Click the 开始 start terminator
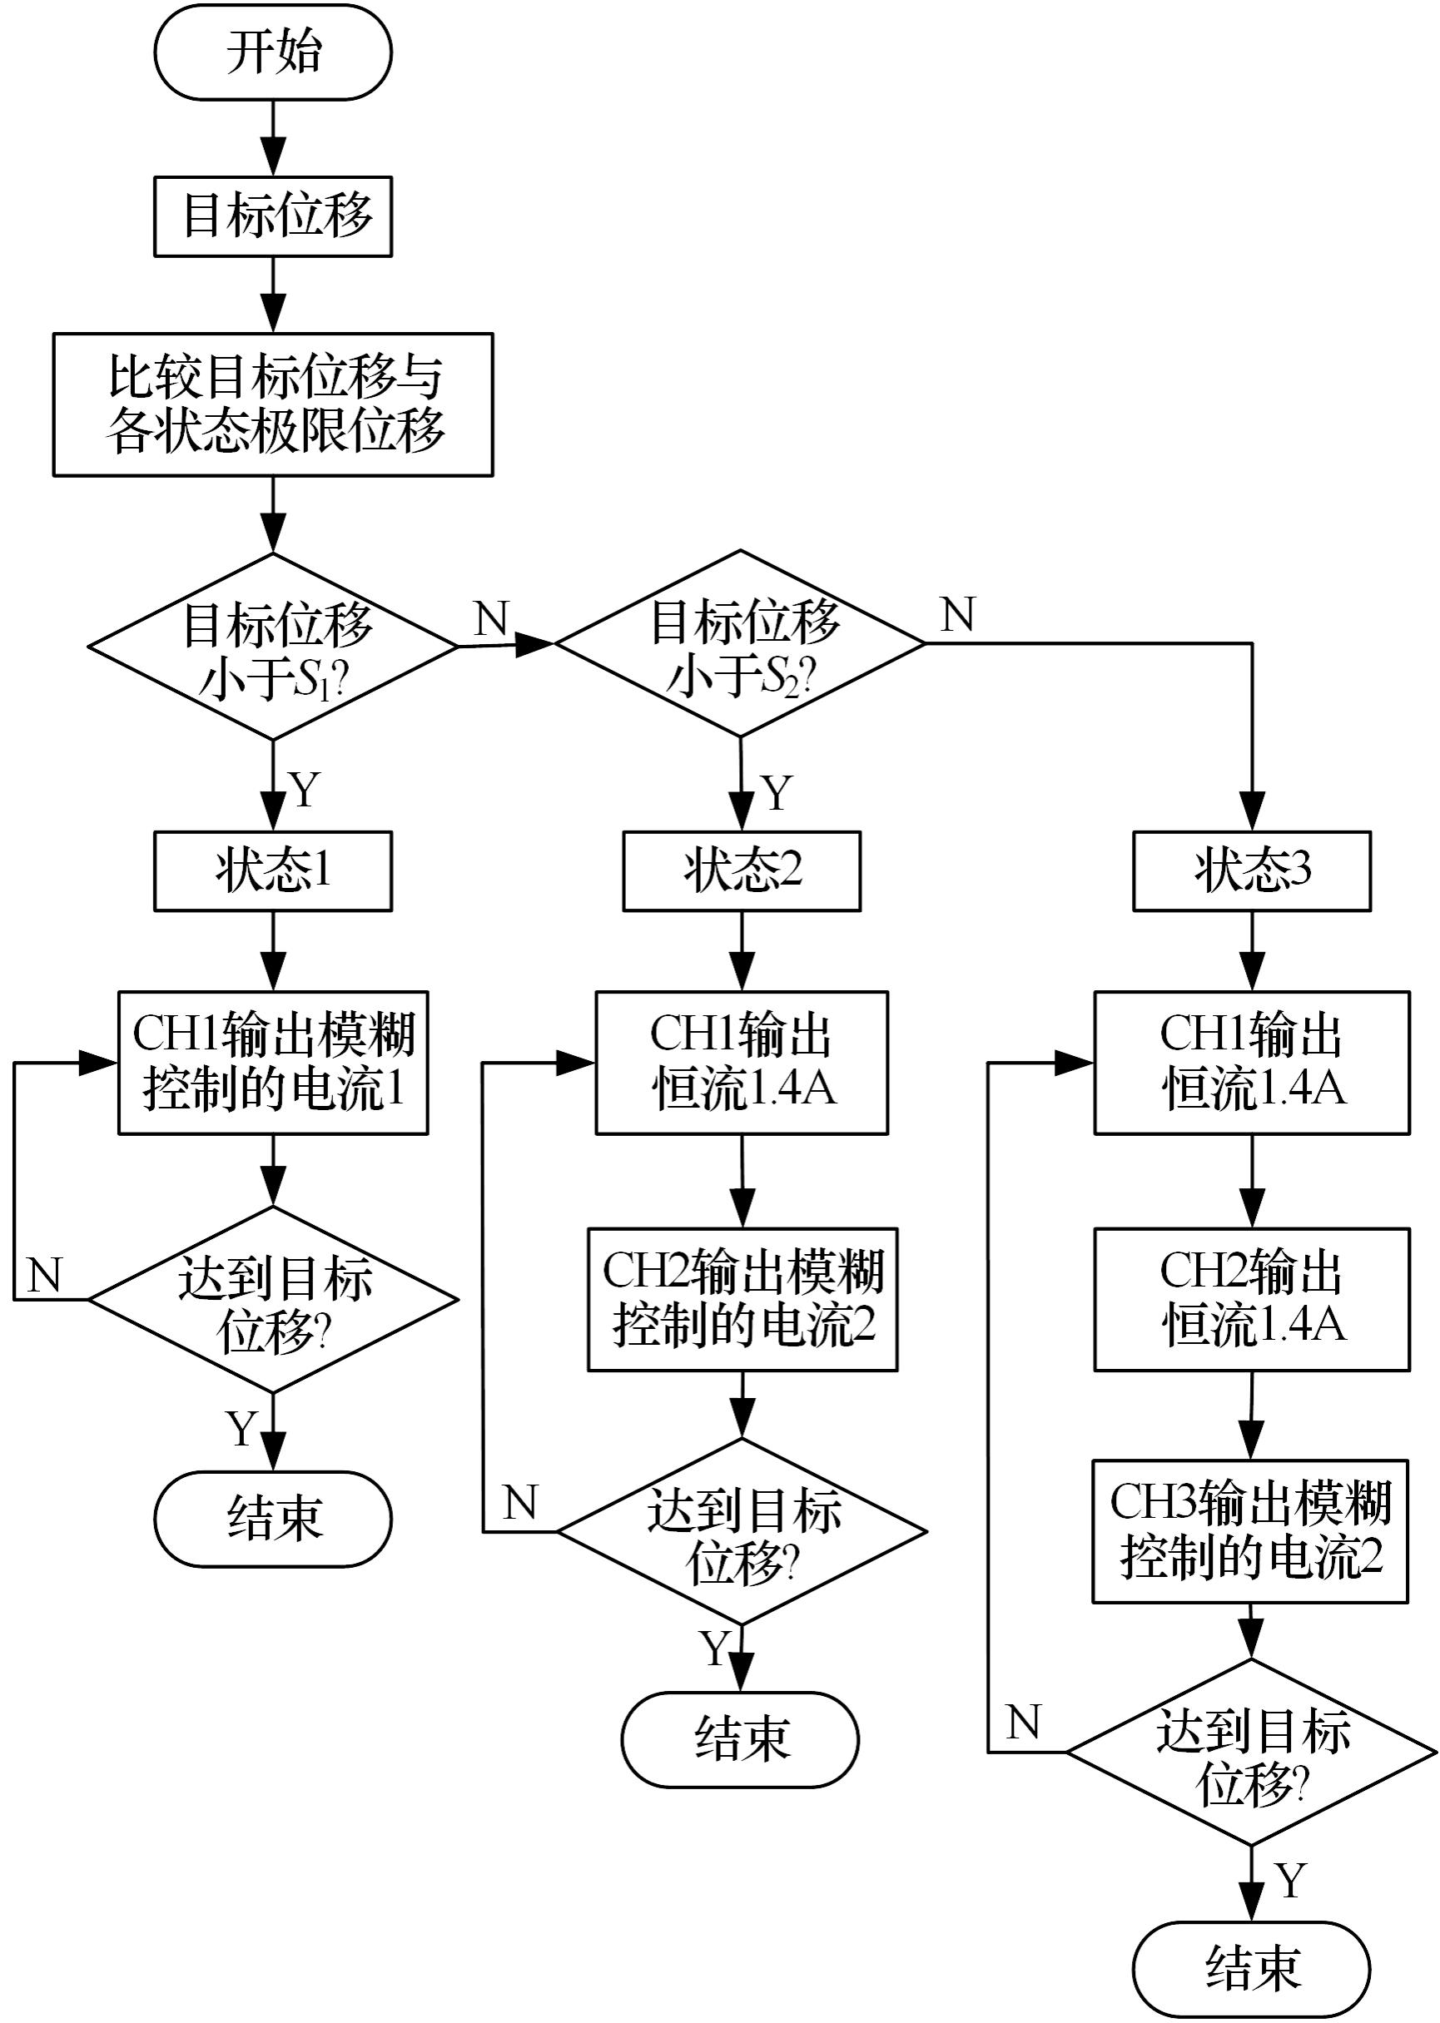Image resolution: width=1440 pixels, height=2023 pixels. coord(273,52)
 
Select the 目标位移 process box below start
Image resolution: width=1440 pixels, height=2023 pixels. coord(273,216)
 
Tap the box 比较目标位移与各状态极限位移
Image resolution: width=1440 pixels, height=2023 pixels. coord(273,404)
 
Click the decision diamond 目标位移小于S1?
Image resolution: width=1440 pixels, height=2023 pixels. coord(273,647)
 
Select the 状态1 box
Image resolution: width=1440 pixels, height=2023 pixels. coord(273,870)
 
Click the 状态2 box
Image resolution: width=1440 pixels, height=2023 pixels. coord(742,870)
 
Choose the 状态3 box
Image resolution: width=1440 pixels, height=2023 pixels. coord(1252,870)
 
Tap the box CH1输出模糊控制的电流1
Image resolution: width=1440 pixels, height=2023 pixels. coord(273,1062)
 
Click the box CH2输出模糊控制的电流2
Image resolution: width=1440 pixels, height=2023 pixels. coord(742,1300)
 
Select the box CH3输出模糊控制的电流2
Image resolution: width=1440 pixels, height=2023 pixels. coord(1250,1532)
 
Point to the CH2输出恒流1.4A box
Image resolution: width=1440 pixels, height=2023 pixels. coord(1252,1300)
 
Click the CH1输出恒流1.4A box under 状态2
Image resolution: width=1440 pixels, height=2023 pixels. coord(742,1062)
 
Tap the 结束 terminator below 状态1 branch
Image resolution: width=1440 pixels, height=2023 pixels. coord(273,1520)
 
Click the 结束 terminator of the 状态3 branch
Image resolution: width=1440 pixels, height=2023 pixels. coord(1251,1969)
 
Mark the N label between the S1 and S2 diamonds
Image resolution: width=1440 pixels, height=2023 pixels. coord(491,619)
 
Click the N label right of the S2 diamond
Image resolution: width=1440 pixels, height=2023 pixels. coord(957,614)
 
